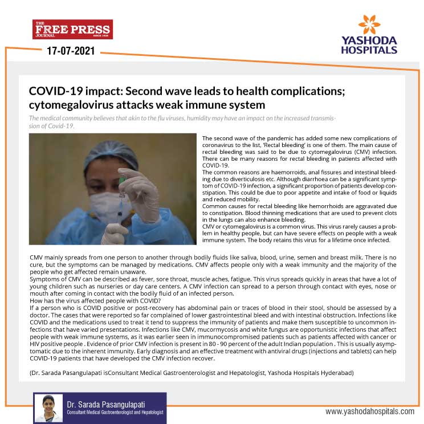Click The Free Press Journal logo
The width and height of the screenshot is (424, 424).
click(72, 29)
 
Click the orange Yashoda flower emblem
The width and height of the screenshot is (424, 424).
click(369, 26)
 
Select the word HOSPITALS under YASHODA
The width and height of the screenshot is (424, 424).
click(369, 50)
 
